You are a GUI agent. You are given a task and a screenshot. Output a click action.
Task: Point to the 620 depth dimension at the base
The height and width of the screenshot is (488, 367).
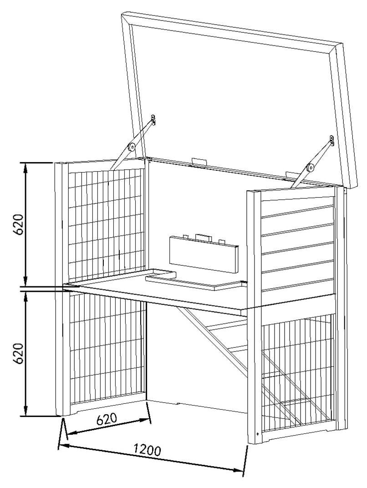point(107,418)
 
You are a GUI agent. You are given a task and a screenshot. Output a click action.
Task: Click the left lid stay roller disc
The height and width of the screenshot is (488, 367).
point(132,147)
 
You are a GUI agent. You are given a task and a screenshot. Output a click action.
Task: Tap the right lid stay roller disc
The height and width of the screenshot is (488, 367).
point(310,168)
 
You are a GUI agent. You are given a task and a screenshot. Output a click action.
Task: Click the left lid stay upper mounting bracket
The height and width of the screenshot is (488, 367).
point(153,119)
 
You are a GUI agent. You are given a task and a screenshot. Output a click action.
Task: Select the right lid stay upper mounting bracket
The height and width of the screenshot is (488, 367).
point(331,140)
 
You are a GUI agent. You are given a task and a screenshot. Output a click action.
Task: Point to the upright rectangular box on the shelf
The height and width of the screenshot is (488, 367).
point(204,254)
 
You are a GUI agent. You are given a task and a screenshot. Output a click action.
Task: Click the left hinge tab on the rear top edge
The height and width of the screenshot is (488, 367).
point(199,161)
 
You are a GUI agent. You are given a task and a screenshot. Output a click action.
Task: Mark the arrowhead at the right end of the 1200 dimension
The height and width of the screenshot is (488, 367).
point(238,469)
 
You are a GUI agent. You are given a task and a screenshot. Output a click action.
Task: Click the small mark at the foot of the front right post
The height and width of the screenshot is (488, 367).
point(258,434)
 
